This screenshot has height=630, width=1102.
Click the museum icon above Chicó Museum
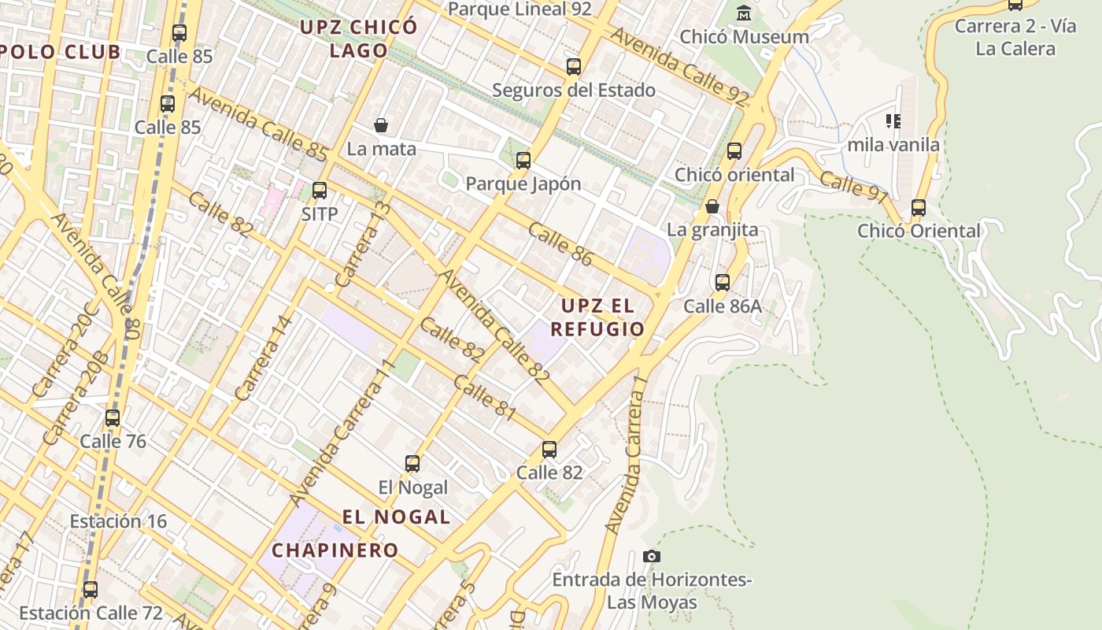[x=744, y=13]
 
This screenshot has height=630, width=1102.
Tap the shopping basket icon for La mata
[x=381, y=125]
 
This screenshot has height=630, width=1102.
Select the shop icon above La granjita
[x=712, y=206]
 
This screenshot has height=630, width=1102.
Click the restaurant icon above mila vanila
[x=893, y=121]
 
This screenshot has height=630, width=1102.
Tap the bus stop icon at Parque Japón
[x=523, y=161]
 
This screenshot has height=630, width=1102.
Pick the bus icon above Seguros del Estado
[x=574, y=67]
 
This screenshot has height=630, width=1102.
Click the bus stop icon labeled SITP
[x=319, y=191]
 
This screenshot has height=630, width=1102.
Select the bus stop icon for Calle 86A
[x=723, y=283]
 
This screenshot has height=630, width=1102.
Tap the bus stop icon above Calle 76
[x=113, y=418]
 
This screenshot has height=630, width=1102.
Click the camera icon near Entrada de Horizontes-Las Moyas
[x=651, y=557]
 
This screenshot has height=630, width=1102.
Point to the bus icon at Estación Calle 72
[x=91, y=590]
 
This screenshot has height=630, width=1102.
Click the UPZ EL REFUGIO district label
[x=597, y=317]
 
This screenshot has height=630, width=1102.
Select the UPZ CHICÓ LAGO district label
[x=358, y=39]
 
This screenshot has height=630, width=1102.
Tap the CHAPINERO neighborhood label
[x=335, y=550]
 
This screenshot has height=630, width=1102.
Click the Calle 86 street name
[x=560, y=244]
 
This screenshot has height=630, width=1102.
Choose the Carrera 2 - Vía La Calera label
[x=1015, y=37]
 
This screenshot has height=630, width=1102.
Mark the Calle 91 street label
[x=853, y=187]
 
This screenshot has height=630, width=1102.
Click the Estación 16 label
[x=118, y=521]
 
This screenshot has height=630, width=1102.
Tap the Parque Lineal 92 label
[x=519, y=9]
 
